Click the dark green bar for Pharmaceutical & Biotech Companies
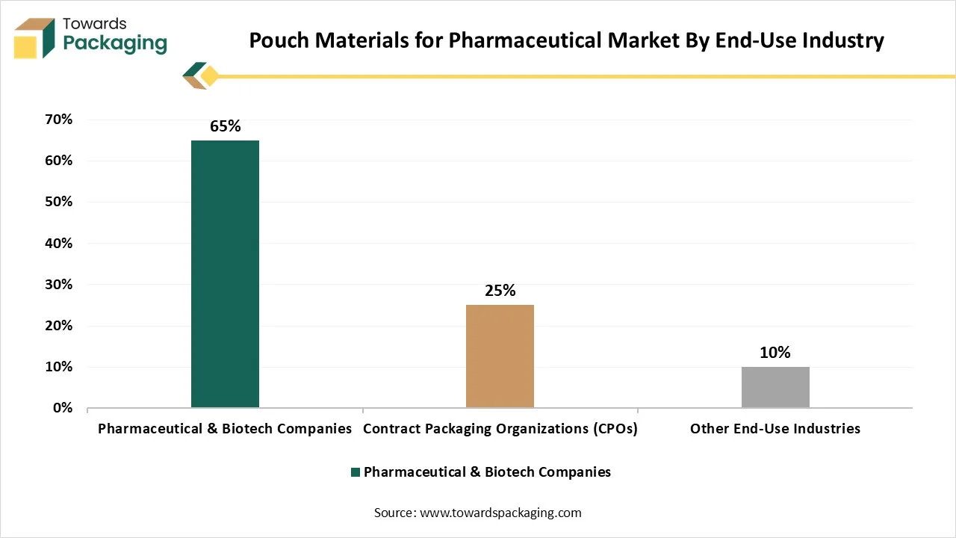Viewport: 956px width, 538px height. tap(225, 273)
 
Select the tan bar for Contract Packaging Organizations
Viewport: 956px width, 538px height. tap(500, 356)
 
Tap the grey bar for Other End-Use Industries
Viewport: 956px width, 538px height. tap(775, 387)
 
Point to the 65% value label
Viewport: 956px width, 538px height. tap(225, 126)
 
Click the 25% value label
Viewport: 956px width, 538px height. tap(500, 291)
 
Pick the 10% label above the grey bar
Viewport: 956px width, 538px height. tap(775, 353)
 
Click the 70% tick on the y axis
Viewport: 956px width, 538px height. tap(58, 120)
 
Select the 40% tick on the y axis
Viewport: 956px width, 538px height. tap(58, 243)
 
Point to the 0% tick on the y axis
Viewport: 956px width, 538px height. tap(62, 408)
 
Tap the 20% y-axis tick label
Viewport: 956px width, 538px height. tap(58, 326)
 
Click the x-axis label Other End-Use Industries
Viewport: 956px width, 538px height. tap(775, 429)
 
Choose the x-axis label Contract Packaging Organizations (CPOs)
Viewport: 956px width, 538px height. tap(500, 429)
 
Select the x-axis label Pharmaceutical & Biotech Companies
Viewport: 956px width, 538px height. tap(225, 429)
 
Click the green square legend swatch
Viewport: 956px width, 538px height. tap(356, 472)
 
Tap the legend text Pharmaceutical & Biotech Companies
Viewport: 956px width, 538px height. tap(487, 472)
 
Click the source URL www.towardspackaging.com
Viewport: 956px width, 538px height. tap(500, 513)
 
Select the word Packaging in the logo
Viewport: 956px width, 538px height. tap(115, 43)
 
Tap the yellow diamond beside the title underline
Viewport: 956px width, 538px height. tap(210, 75)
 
